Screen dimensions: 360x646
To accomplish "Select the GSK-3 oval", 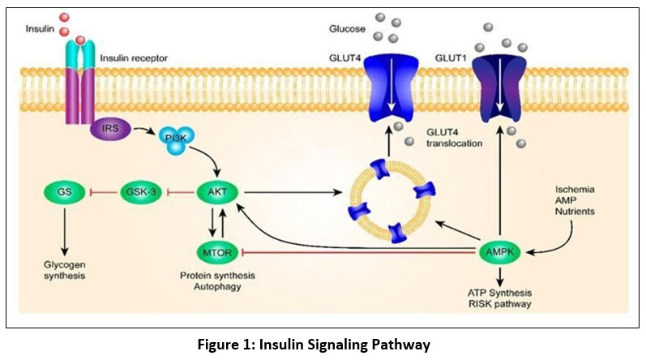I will tap(143, 193).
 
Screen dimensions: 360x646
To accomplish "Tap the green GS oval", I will tap(64, 193).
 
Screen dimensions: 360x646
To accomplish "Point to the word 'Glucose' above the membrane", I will tap(343, 28).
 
